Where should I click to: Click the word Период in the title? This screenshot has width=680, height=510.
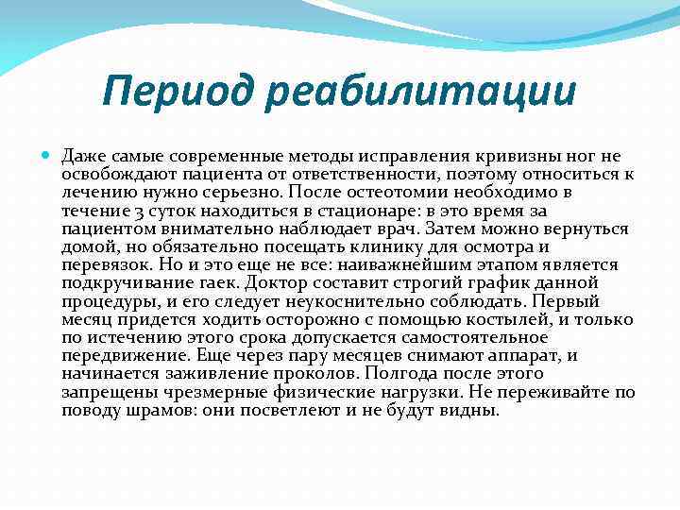(x=173, y=93)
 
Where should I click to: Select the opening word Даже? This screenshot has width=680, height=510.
(x=83, y=157)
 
